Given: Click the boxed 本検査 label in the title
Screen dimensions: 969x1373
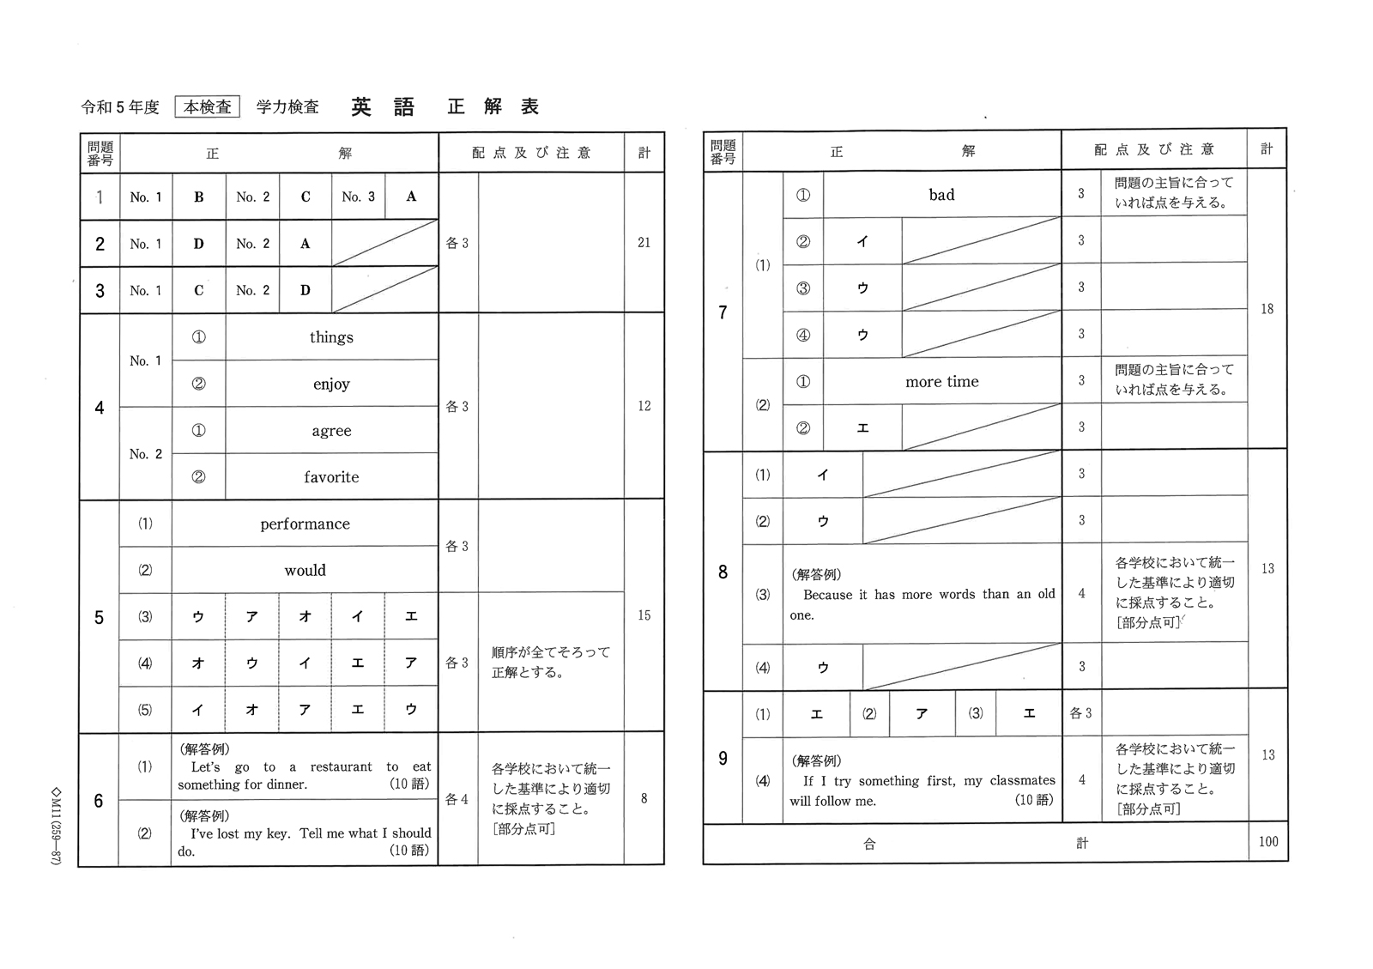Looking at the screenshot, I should pyautogui.click(x=208, y=107).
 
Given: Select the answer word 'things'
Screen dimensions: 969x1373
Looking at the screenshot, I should pyautogui.click(x=331, y=337).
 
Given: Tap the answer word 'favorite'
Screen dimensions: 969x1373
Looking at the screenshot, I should pyautogui.click(x=331, y=477).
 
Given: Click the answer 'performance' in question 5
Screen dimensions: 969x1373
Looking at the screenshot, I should pyautogui.click(x=305, y=524).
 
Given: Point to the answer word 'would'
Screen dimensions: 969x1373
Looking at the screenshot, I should pyautogui.click(x=305, y=571).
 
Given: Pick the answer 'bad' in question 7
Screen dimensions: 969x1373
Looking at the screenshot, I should pyautogui.click(x=941, y=195).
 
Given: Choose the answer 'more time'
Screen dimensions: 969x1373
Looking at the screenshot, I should pyautogui.click(x=941, y=382).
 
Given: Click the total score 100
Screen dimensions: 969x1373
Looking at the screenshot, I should pyautogui.click(x=1267, y=842).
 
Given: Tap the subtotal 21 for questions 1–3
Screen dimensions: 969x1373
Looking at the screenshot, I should pyautogui.click(x=644, y=243).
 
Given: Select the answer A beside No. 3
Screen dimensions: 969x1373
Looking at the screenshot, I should pyautogui.click(x=411, y=197).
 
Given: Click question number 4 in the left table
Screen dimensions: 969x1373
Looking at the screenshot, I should pyautogui.click(x=100, y=408).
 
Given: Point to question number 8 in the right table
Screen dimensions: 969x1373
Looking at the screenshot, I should pyautogui.click(x=723, y=572).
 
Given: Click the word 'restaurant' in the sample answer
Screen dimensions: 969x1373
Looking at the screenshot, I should pyautogui.click(x=341, y=767).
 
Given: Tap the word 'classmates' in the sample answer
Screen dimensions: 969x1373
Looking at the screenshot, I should pyautogui.click(x=1022, y=781).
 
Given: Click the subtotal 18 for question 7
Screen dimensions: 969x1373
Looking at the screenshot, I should pyautogui.click(x=1267, y=309).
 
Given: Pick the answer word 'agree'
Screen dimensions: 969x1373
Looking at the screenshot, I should pyautogui.click(x=331, y=431).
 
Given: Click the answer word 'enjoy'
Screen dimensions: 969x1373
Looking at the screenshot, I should pyautogui.click(x=331, y=385).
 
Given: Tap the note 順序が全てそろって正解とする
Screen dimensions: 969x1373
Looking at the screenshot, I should pyautogui.click(x=550, y=663).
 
